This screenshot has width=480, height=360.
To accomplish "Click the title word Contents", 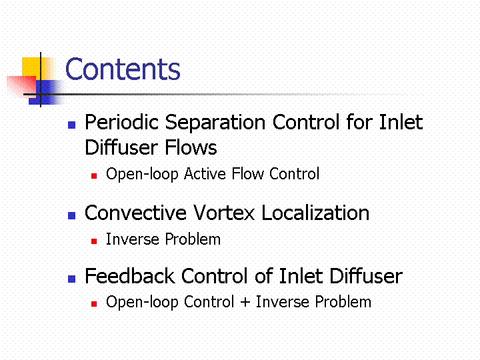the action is coord(123,69).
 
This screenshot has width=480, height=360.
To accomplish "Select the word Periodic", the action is coord(121,123).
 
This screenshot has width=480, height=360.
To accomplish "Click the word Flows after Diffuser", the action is coord(191,147).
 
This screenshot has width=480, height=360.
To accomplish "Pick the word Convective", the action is coord(135,213).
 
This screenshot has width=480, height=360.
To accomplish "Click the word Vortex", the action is coord(224,213).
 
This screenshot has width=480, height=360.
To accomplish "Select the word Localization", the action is coord(315,213).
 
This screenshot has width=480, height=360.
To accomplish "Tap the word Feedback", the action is coord(130,276).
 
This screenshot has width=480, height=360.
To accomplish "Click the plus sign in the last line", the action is coord(245,302).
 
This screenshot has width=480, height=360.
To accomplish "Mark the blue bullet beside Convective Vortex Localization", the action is coord(71,215).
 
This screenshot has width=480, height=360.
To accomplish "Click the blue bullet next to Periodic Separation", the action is coord(71,125).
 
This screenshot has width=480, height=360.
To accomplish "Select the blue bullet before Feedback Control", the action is coord(71,279).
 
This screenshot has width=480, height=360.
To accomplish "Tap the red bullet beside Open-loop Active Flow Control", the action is coord(94,176).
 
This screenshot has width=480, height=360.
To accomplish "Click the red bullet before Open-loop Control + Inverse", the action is coord(94,304).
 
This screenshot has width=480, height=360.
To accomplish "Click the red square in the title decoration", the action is coord(21,86).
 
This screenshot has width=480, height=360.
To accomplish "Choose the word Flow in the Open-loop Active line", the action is coord(247,174).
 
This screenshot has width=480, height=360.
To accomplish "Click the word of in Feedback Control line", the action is coord(263,276).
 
